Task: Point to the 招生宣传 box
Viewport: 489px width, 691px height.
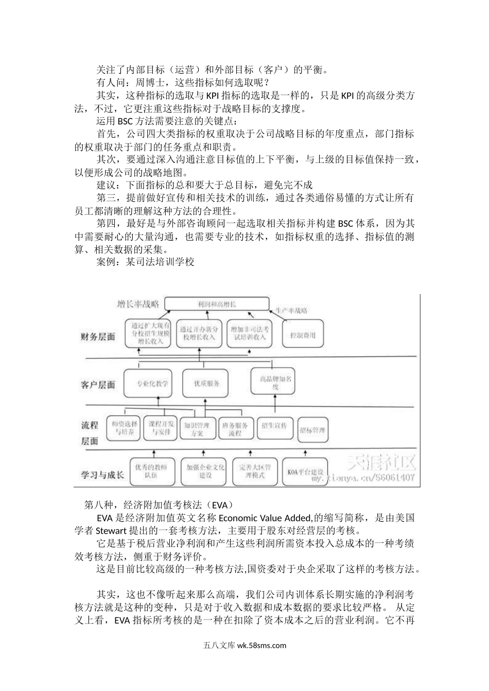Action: point(273,426)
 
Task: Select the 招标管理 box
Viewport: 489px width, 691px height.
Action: point(313,430)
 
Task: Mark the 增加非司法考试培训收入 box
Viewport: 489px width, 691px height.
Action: point(249,333)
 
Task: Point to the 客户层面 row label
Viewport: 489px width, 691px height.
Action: point(98,385)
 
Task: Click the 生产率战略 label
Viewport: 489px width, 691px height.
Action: point(291,311)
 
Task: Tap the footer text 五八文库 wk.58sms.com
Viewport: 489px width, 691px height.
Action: point(244,646)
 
